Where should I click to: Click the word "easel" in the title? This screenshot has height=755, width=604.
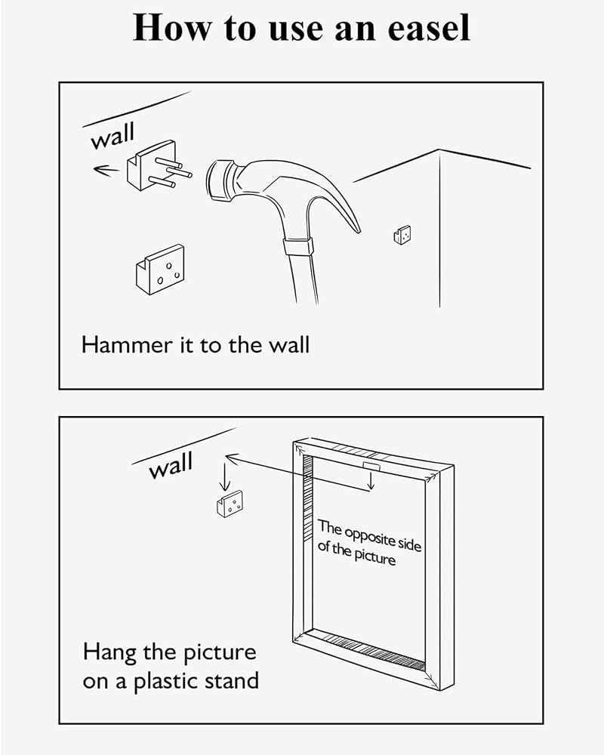click(429, 28)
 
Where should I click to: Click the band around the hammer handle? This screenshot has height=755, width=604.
click(297, 247)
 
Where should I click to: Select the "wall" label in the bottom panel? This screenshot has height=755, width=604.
click(171, 465)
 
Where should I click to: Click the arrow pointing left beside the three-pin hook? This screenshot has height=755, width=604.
click(106, 169)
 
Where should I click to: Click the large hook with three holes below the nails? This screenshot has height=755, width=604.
click(160, 270)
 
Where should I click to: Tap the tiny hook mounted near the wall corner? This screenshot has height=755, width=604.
click(402, 235)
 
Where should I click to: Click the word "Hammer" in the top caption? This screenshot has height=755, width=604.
click(127, 345)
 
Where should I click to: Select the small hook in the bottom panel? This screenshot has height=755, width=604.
click(230, 504)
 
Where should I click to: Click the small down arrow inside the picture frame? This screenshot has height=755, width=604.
click(370, 480)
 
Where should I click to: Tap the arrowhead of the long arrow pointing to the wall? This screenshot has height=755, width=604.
click(231, 458)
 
